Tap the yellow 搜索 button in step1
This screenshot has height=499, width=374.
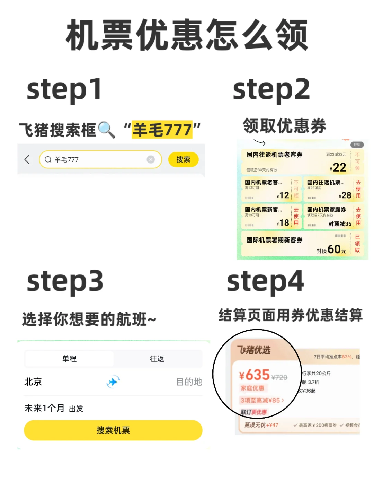(x=183, y=159)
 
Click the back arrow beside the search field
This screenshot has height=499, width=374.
(x=27, y=159)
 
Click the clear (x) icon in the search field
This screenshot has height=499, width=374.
(x=151, y=159)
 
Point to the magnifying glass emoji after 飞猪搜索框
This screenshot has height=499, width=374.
(x=107, y=130)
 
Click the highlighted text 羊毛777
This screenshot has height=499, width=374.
(x=162, y=130)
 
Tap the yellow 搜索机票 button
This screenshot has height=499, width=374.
(x=113, y=430)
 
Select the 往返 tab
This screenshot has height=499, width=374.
(x=157, y=359)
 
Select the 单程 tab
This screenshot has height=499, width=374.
(x=69, y=359)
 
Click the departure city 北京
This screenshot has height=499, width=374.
(x=33, y=382)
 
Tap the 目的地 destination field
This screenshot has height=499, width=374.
(x=189, y=382)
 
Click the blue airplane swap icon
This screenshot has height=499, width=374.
(x=113, y=382)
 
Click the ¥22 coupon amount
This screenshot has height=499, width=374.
(x=338, y=168)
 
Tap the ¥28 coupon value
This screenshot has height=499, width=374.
(x=345, y=195)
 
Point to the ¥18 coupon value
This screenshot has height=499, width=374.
(x=283, y=223)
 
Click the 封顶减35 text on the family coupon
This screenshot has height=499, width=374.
(x=340, y=224)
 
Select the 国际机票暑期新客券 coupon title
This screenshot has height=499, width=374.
(x=274, y=240)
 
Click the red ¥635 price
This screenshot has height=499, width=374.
(x=255, y=375)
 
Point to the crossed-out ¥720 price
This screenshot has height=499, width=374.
(x=279, y=377)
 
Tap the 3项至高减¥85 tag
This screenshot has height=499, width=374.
(x=262, y=400)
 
